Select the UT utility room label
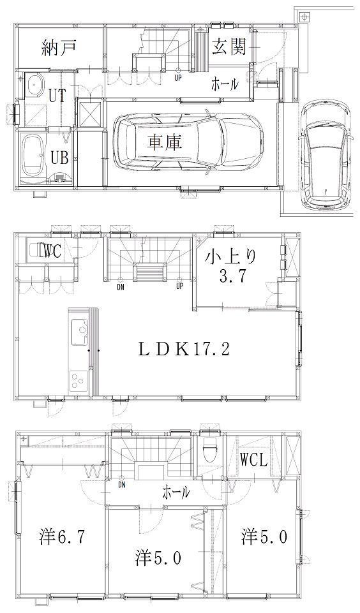[x=57, y=96]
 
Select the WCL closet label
[x=253, y=459]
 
